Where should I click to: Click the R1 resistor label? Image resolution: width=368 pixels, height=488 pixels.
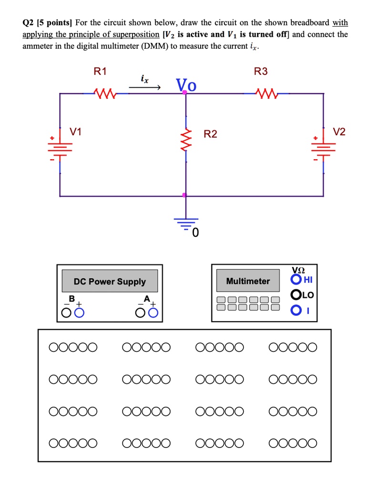pos(101,72)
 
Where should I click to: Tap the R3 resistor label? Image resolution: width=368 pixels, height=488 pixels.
pos(261,72)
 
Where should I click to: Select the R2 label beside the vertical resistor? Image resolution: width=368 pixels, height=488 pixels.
pos(210,134)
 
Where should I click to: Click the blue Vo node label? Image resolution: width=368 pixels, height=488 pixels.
pos(185,85)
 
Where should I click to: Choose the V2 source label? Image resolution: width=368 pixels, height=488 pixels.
pos(339,132)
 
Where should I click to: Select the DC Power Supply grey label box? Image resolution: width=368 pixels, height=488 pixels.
pos(110,281)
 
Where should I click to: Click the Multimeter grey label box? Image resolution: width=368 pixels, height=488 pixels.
pos(248,281)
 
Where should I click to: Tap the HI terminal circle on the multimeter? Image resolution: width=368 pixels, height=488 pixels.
pos(296,279)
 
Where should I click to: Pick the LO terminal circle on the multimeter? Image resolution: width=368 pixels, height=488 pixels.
pos(296,295)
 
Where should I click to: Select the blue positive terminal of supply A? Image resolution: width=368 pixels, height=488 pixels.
pos(153,313)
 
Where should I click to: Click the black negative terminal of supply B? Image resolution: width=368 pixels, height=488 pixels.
pos(66,313)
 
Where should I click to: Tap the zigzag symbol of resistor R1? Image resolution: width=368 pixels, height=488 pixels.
pos(103,93)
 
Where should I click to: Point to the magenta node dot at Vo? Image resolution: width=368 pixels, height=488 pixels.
pos(185,93)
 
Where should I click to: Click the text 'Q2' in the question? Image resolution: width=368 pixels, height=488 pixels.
pos(29,22)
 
